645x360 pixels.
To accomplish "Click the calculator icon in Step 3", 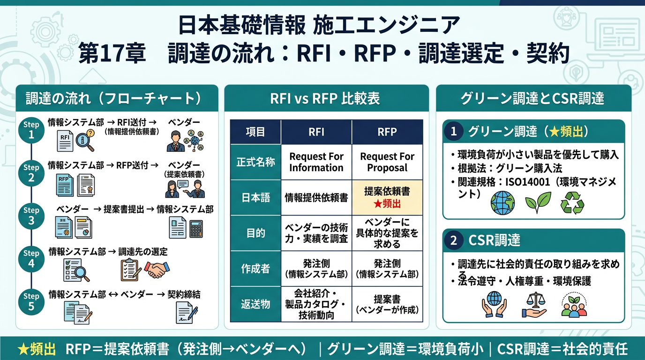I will pos(196,229).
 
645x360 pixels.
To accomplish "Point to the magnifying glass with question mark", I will pos(85,141).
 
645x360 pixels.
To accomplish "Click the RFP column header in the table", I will pos(387,132).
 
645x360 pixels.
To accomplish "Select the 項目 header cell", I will pos(255,132).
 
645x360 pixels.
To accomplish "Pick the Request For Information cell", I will pos(316,162).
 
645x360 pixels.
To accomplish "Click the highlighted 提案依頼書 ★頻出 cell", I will pos(387,197).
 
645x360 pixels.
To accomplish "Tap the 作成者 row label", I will pos(255,269).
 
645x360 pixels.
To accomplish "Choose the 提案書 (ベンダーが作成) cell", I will pos(387,304).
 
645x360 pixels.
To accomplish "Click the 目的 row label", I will pos(255,233).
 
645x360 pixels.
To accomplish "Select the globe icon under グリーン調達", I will pos(502,202).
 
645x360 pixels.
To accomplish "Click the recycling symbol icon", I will pos(572,203).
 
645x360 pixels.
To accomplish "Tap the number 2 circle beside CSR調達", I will pos(453,241).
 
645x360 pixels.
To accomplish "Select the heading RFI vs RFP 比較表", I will pos(326,98).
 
